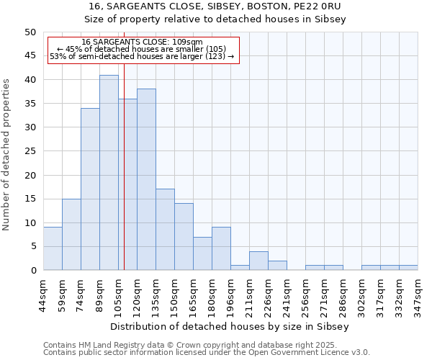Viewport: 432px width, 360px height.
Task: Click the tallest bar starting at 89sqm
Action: tap(109, 173)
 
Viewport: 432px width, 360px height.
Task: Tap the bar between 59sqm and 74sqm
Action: tap(71, 234)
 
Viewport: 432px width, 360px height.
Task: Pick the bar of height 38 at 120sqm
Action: tap(146, 180)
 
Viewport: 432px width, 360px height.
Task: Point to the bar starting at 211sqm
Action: tap(258, 261)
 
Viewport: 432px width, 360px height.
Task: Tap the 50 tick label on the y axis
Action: tap(30, 32)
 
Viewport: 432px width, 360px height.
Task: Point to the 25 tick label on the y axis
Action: tap(30, 151)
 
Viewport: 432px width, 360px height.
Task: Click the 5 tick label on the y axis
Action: tap(32, 246)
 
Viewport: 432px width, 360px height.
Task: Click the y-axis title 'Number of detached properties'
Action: tap(7, 151)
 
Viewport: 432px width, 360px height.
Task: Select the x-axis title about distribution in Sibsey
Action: tap(230, 326)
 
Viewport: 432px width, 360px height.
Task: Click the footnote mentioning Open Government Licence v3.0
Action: tap(207, 352)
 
